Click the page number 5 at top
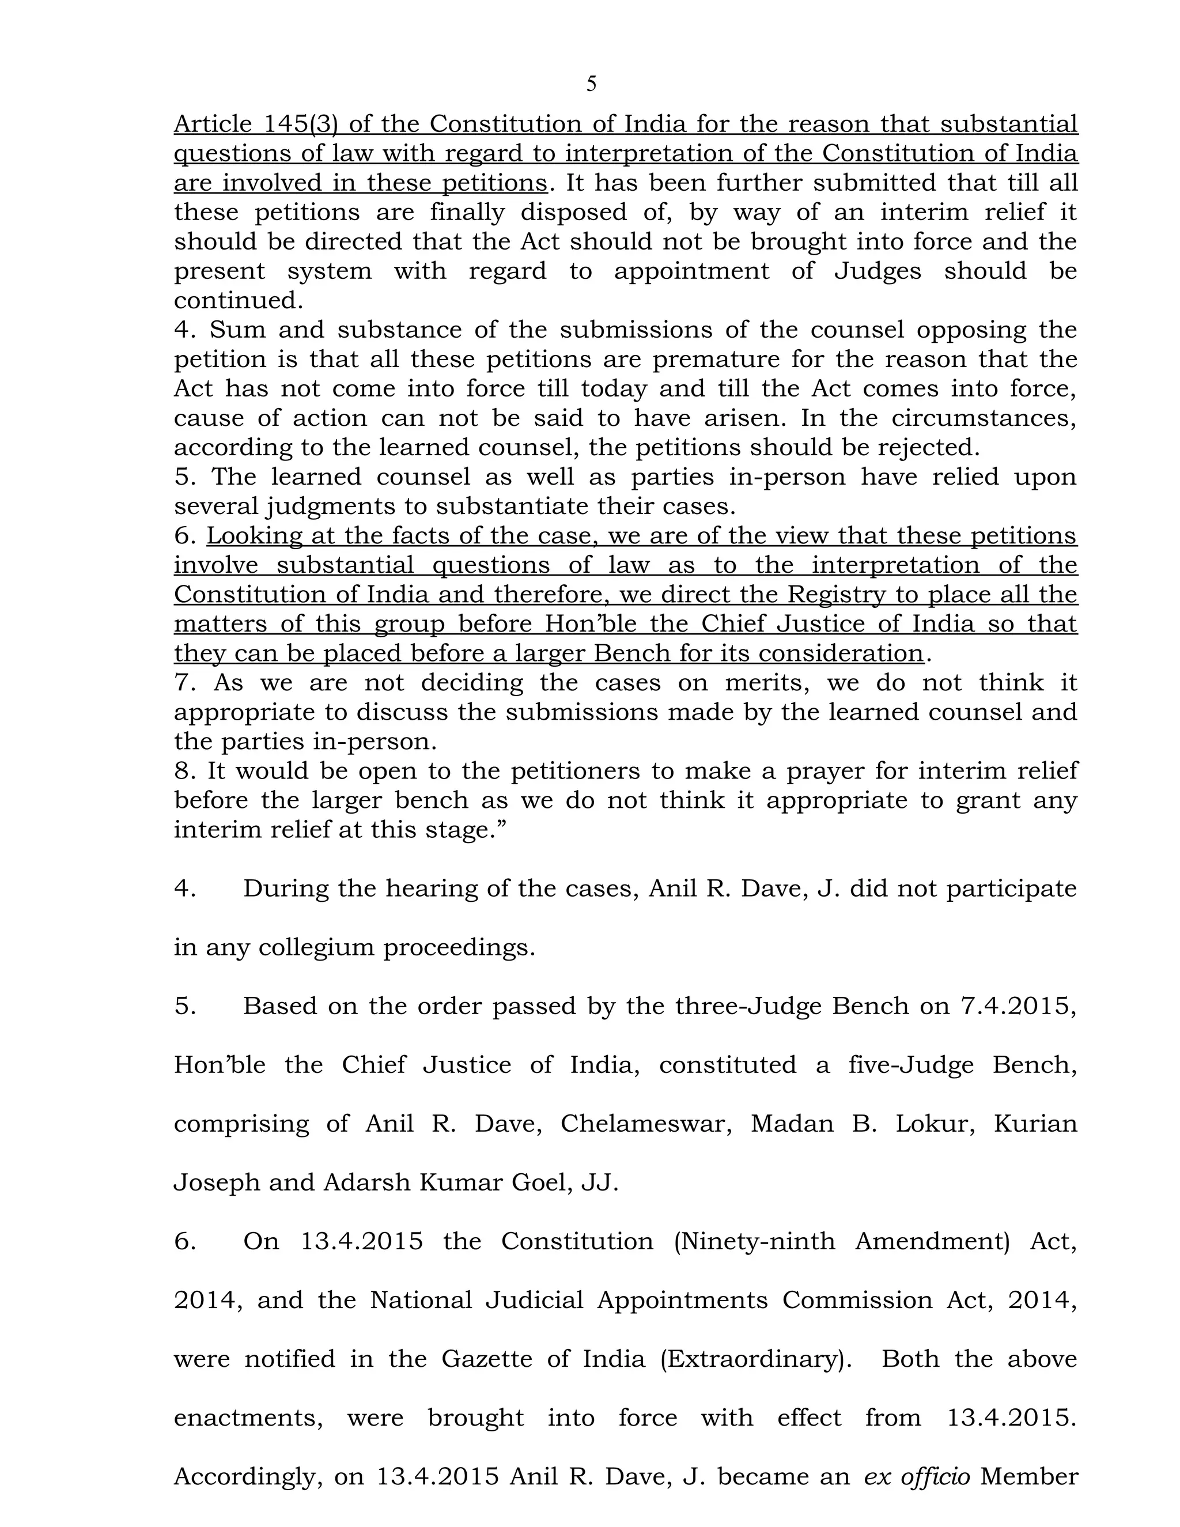pos(591,84)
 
